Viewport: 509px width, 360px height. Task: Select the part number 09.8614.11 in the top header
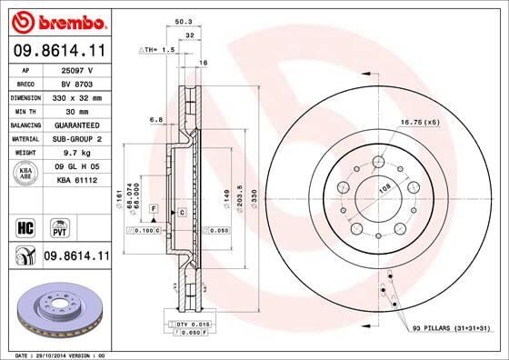point(59,51)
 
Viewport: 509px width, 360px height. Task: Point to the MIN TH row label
point(25,110)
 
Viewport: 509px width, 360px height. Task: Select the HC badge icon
point(25,225)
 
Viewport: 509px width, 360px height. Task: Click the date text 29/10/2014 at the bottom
point(51,353)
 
